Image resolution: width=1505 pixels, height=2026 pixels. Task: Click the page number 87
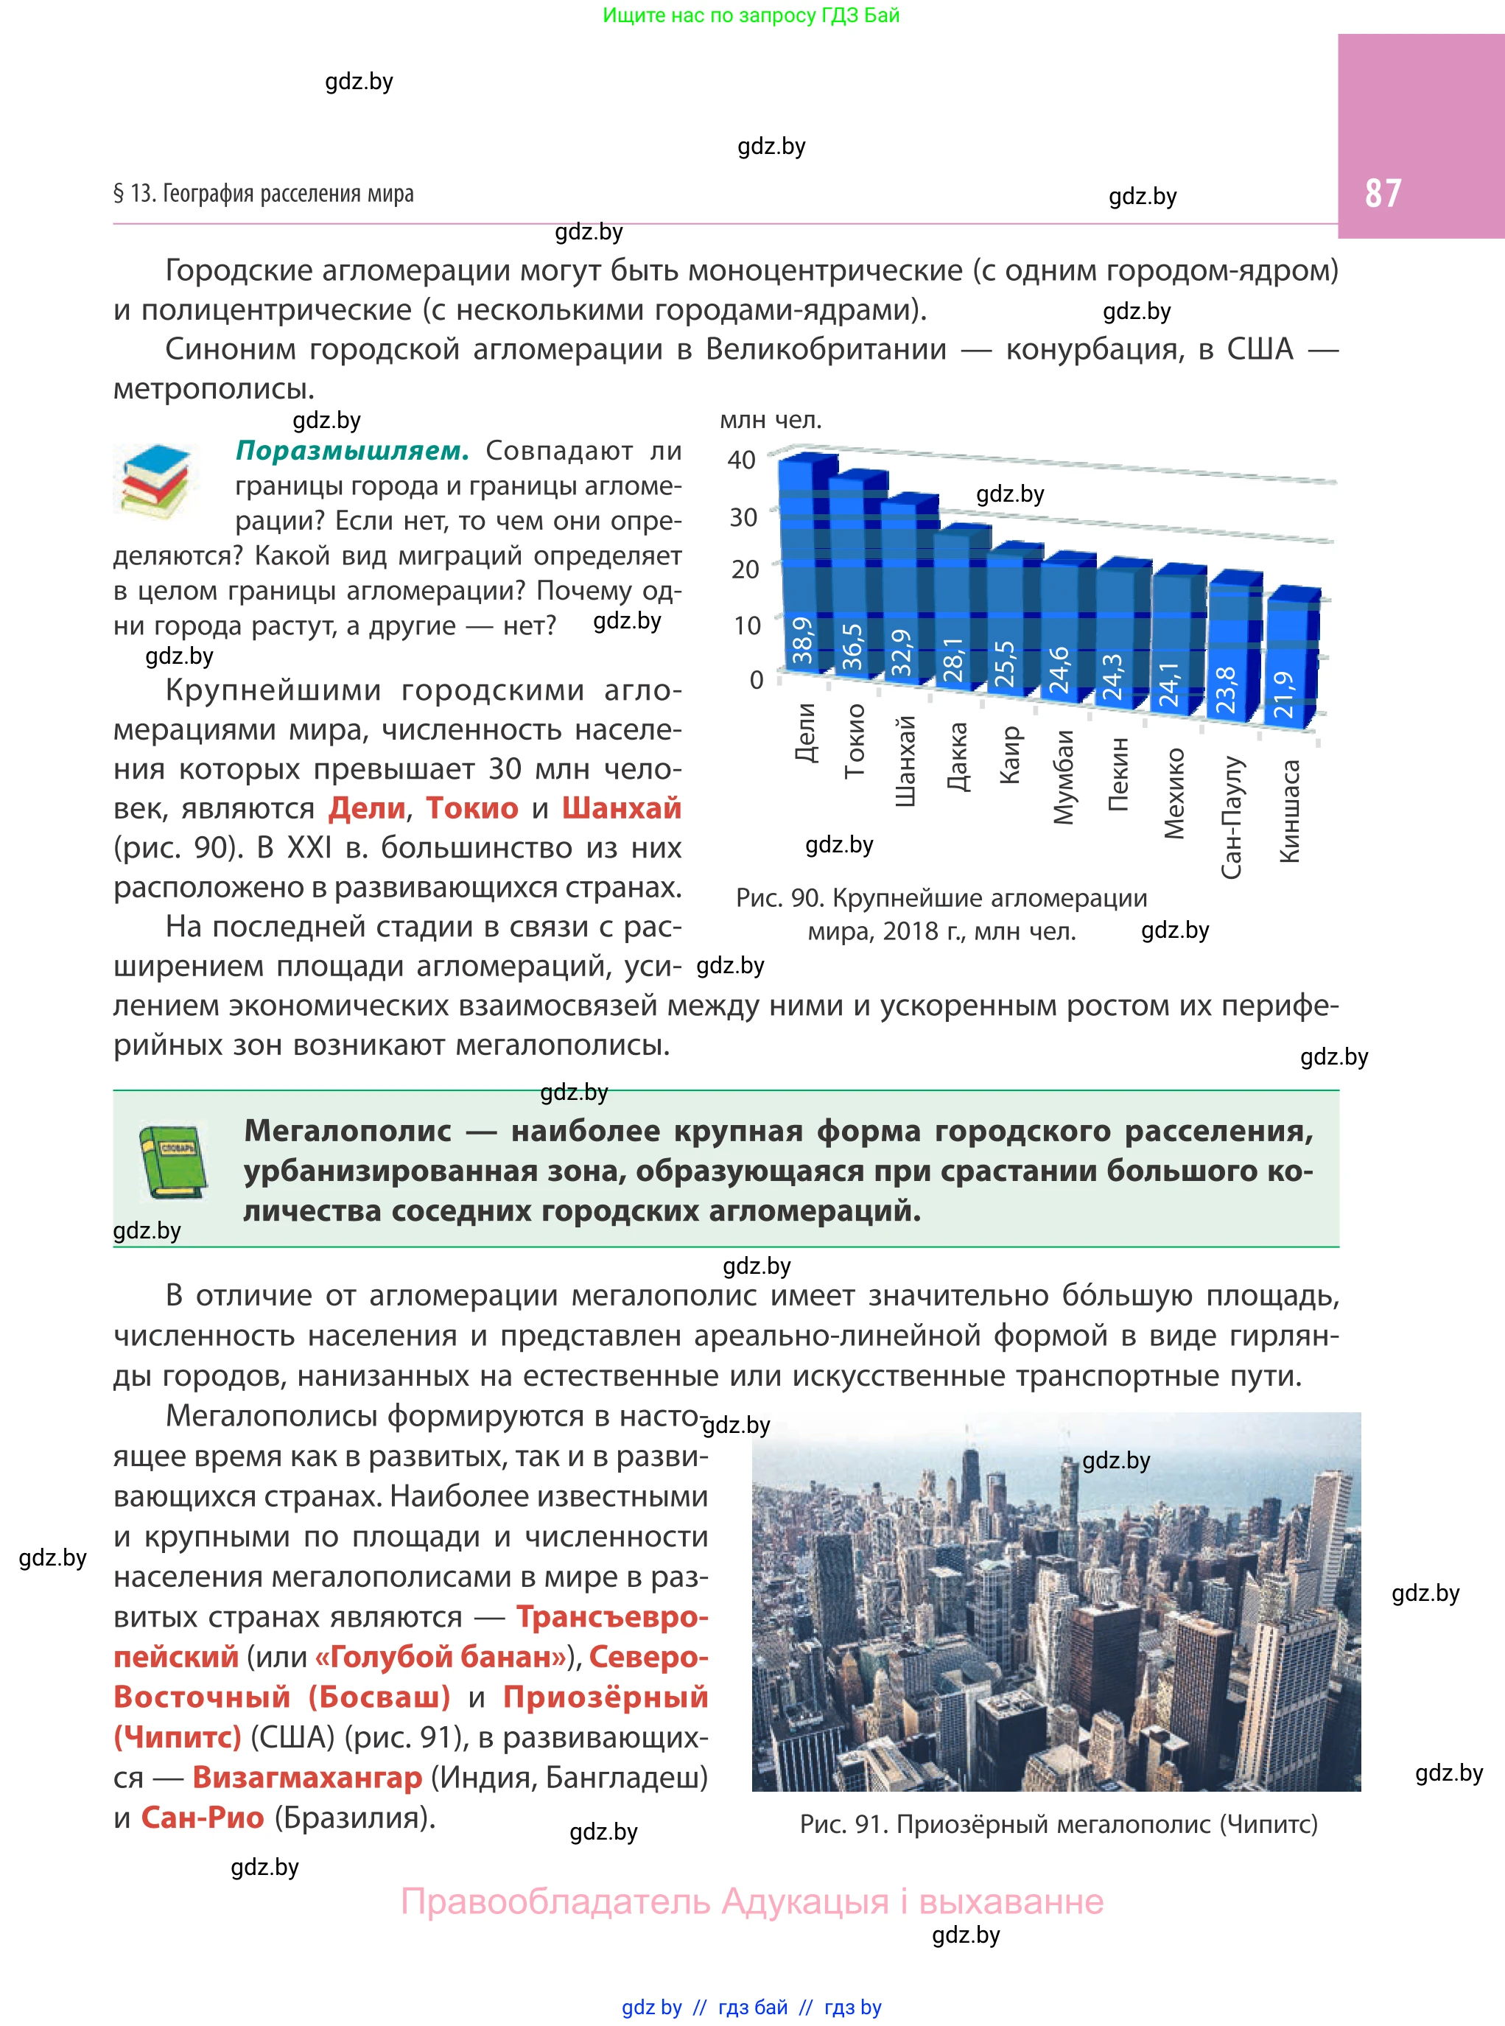coord(1382,193)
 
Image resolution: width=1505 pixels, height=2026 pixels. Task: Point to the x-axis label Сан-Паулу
coord(1231,816)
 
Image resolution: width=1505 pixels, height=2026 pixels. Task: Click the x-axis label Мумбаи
coord(1063,777)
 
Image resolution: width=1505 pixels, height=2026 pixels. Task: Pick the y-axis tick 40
coord(742,460)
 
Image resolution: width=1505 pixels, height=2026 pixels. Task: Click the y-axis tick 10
coord(746,625)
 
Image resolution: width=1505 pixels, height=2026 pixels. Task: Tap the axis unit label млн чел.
coord(771,420)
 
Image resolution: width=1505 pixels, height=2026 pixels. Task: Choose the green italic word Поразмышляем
coord(351,451)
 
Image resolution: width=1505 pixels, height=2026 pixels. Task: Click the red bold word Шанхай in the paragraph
coord(621,808)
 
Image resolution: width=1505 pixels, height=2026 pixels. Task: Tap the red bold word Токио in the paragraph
coord(472,808)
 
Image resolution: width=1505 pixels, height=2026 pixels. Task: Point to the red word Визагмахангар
coord(307,1777)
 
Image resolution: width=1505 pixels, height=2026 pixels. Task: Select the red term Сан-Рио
coord(203,1818)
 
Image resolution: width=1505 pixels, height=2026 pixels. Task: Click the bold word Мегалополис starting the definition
coord(348,1131)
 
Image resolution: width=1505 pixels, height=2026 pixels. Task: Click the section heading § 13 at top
coord(263,193)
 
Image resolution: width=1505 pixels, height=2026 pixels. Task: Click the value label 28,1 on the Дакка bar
coord(953,659)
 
